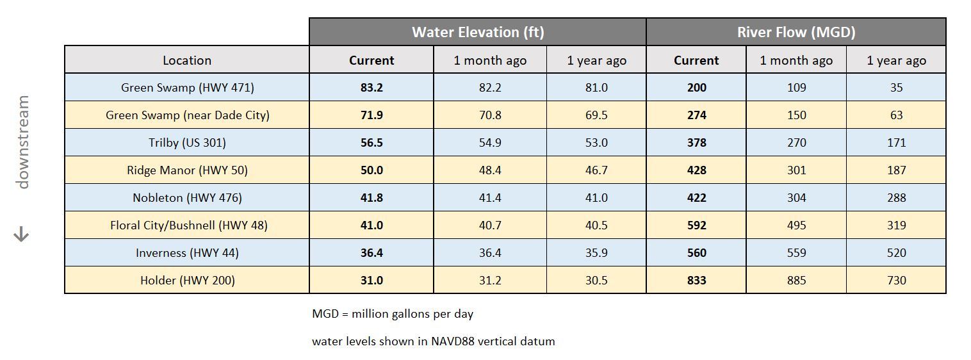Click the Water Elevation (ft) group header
click(477, 32)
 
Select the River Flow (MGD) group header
click(796, 32)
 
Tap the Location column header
click(186, 60)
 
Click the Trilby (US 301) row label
click(186, 143)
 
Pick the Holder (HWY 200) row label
click(186, 281)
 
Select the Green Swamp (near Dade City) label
click(186, 115)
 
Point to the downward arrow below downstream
click(22, 235)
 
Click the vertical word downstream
click(23, 142)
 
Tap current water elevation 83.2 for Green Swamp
click(371, 88)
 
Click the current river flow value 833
click(696, 281)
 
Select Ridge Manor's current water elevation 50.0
click(371, 170)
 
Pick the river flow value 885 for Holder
click(796, 281)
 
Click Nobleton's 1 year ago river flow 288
click(896, 198)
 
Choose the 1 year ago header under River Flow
click(896, 61)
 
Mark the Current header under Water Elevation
click(371, 61)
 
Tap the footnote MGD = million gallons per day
click(392, 315)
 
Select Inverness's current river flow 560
click(696, 253)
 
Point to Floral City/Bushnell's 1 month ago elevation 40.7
click(490, 225)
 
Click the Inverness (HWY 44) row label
click(186, 253)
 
